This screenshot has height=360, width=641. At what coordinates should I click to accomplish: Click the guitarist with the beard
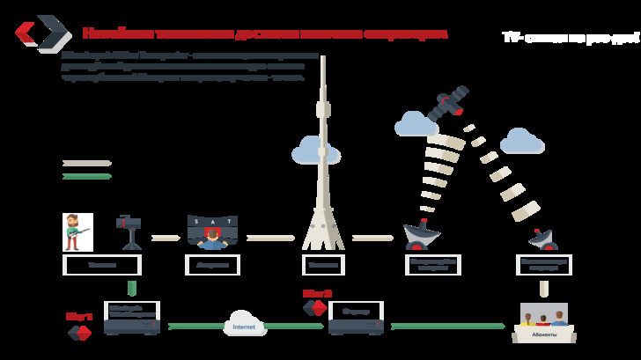coord(77,231)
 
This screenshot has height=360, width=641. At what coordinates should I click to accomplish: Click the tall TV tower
coord(323,158)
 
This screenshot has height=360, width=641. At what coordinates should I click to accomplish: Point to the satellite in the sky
coord(448,104)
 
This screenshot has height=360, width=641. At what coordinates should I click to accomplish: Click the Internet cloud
coord(245,324)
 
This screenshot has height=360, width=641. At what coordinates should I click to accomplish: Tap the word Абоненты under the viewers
coord(544,334)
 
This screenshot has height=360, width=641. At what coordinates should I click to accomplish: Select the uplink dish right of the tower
coord(421,235)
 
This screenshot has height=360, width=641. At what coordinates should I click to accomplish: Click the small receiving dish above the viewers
coord(543,239)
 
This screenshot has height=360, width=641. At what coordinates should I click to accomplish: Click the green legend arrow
coord(86,176)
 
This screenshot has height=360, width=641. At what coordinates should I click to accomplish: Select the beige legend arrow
coord(86,163)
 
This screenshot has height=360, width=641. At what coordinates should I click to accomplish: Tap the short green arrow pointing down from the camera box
coord(132,288)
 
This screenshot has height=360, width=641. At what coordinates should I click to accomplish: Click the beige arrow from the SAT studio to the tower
coord(270,238)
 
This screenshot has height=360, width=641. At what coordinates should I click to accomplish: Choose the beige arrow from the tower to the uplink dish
coord(372,238)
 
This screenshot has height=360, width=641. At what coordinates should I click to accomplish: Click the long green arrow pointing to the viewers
coord(447,326)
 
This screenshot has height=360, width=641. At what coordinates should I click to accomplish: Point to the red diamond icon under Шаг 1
coord(80,333)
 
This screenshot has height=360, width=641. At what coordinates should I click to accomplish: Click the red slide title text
coord(264,33)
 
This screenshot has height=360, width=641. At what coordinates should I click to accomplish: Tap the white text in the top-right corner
coord(571,38)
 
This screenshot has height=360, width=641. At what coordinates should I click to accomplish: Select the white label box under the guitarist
coord(102,265)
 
